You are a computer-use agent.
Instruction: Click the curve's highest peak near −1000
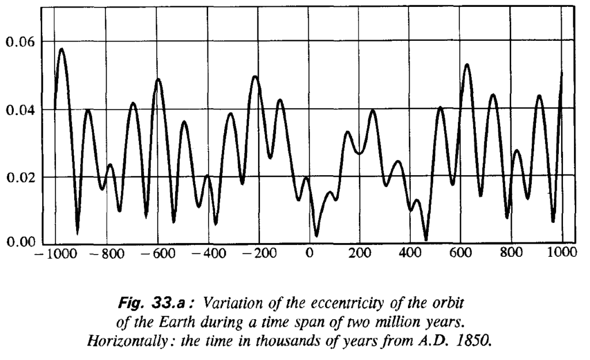[61, 49]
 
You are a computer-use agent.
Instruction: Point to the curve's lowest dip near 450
[426, 239]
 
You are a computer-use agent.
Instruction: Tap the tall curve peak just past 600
[467, 65]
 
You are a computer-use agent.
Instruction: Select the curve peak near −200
[255, 76]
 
